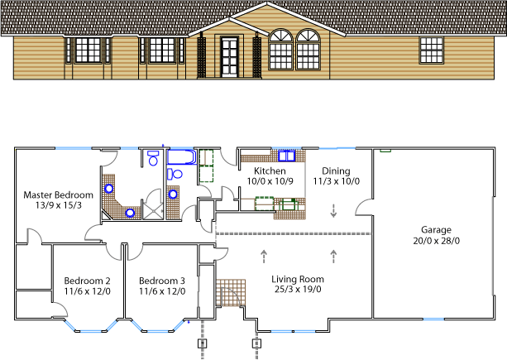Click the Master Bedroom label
coord(58,195)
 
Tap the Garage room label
coord(436,230)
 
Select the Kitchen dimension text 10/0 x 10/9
coord(270,181)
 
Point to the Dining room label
coord(336,171)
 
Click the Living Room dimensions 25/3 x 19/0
coord(298,289)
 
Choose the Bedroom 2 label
coord(88,281)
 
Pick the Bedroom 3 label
coord(162,281)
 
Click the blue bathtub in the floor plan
coord(182,157)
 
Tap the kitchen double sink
coord(287,156)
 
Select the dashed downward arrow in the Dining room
coord(333,210)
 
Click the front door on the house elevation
coord(229,57)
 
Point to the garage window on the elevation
coord(432,50)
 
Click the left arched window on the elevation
coord(280,50)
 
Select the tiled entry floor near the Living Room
coord(231,293)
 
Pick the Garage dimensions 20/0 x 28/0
coord(436,241)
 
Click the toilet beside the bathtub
coord(175,174)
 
